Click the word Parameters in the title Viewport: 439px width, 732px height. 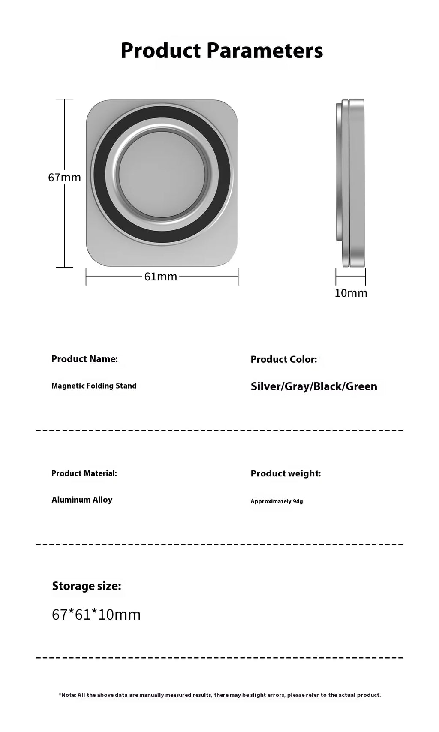click(x=265, y=51)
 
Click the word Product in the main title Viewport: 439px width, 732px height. click(x=160, y=51)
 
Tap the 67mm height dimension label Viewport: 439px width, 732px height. click(x=64, y=177)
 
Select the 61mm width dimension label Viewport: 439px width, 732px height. click(x=161, y=277)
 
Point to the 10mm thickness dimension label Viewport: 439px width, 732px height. click(x=351, y=293)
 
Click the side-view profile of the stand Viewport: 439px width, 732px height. click(x=350, y=183)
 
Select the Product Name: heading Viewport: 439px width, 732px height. click(x=84, y=359)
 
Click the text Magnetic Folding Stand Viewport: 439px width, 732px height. click(x=94, y=386)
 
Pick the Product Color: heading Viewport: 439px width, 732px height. click(x=284, y=359)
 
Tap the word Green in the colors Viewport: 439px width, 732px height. click(x=361, y=386)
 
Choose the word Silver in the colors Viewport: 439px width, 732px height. click(x=266, y=386)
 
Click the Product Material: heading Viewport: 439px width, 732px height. click(x=84, y=473)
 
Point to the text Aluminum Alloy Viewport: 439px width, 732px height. click(x=82, y=500)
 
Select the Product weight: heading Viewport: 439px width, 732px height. click(x=286, y=473)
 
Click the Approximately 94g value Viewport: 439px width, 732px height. click(x=277, y=501)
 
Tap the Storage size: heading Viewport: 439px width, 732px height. click(x=87, y=586)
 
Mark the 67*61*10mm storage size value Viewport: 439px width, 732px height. click(x=96, y=615)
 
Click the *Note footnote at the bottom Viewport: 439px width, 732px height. click(x=219, y=695)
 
